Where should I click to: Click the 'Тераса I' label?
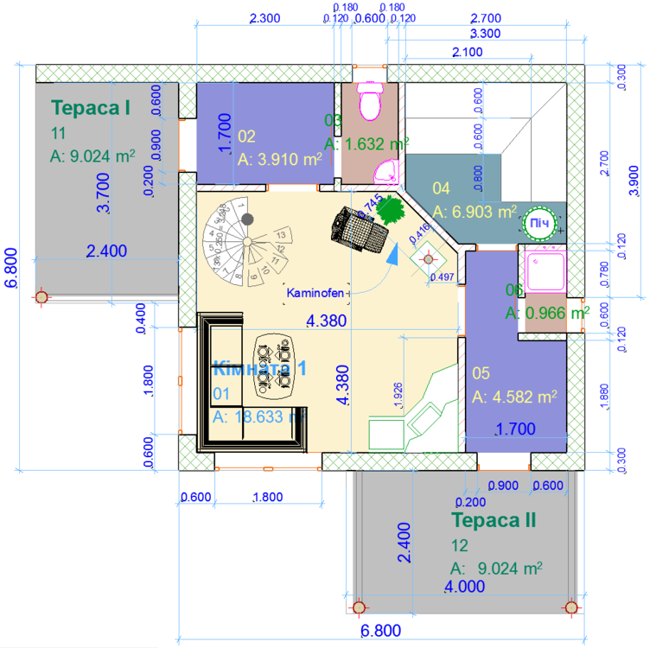91,108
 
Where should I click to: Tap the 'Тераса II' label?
494,520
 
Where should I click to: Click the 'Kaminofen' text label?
316,294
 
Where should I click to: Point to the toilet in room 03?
371,99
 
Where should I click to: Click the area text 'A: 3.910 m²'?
279,159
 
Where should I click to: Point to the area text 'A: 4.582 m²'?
515,397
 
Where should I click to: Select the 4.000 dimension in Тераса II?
464,588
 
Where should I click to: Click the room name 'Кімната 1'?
259,367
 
